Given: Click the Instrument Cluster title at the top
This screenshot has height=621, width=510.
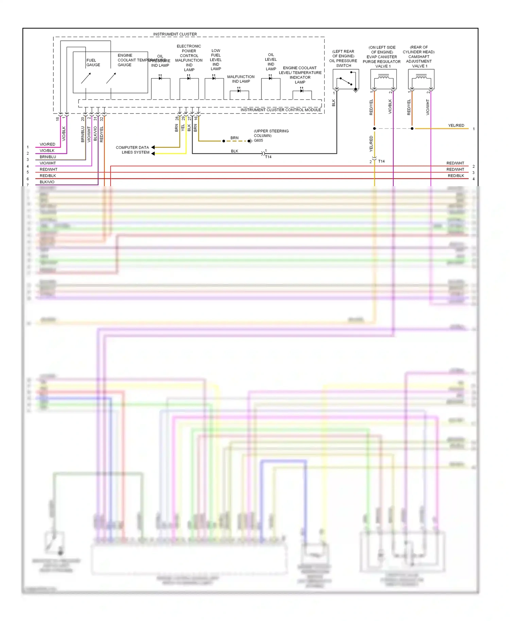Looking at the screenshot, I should click(x=175, y=34).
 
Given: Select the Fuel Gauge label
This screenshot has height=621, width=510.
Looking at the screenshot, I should click(x=93, y=63).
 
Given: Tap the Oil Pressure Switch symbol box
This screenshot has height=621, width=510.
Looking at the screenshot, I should click(x=346, y=79).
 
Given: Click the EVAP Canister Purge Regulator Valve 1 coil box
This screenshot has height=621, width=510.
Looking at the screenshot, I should click(x=384, y=79).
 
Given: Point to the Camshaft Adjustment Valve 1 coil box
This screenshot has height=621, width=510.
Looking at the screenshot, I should click(x=421, y=79).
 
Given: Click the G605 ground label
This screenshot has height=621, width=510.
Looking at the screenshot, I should click(x=258, y=141).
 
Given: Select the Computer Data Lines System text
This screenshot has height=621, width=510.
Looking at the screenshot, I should click(x=133, y=150).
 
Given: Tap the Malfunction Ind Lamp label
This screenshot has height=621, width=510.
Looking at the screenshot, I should click(x=241, y=79).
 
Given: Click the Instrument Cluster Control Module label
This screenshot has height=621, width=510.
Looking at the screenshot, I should click(x=280, y=110).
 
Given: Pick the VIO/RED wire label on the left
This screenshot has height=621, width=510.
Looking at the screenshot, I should click(x=47, y=144).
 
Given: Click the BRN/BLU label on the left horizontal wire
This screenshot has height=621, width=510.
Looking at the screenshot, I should click(x=48, y=157).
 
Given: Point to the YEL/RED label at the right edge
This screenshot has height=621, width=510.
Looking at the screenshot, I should click(x=456, y=126).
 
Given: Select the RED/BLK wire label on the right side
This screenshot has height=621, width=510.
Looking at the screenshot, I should click(x=456, y=176).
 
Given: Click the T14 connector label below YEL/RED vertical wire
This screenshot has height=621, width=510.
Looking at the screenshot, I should click(x=381, y=161).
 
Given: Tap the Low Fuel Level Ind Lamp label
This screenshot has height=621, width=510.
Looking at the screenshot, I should click(x=216, y=60).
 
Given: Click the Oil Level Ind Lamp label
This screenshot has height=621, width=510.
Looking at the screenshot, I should click(x=271, y=62).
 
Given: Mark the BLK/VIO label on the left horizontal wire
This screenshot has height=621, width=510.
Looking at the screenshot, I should click(x=47, y=182).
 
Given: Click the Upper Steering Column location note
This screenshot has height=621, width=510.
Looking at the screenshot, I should click(x=271, y=133).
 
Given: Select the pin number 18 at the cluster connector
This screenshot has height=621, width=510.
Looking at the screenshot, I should click(x=57, y=119).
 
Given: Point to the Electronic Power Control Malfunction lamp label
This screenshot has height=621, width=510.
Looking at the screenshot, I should click(x=189, y=58).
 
